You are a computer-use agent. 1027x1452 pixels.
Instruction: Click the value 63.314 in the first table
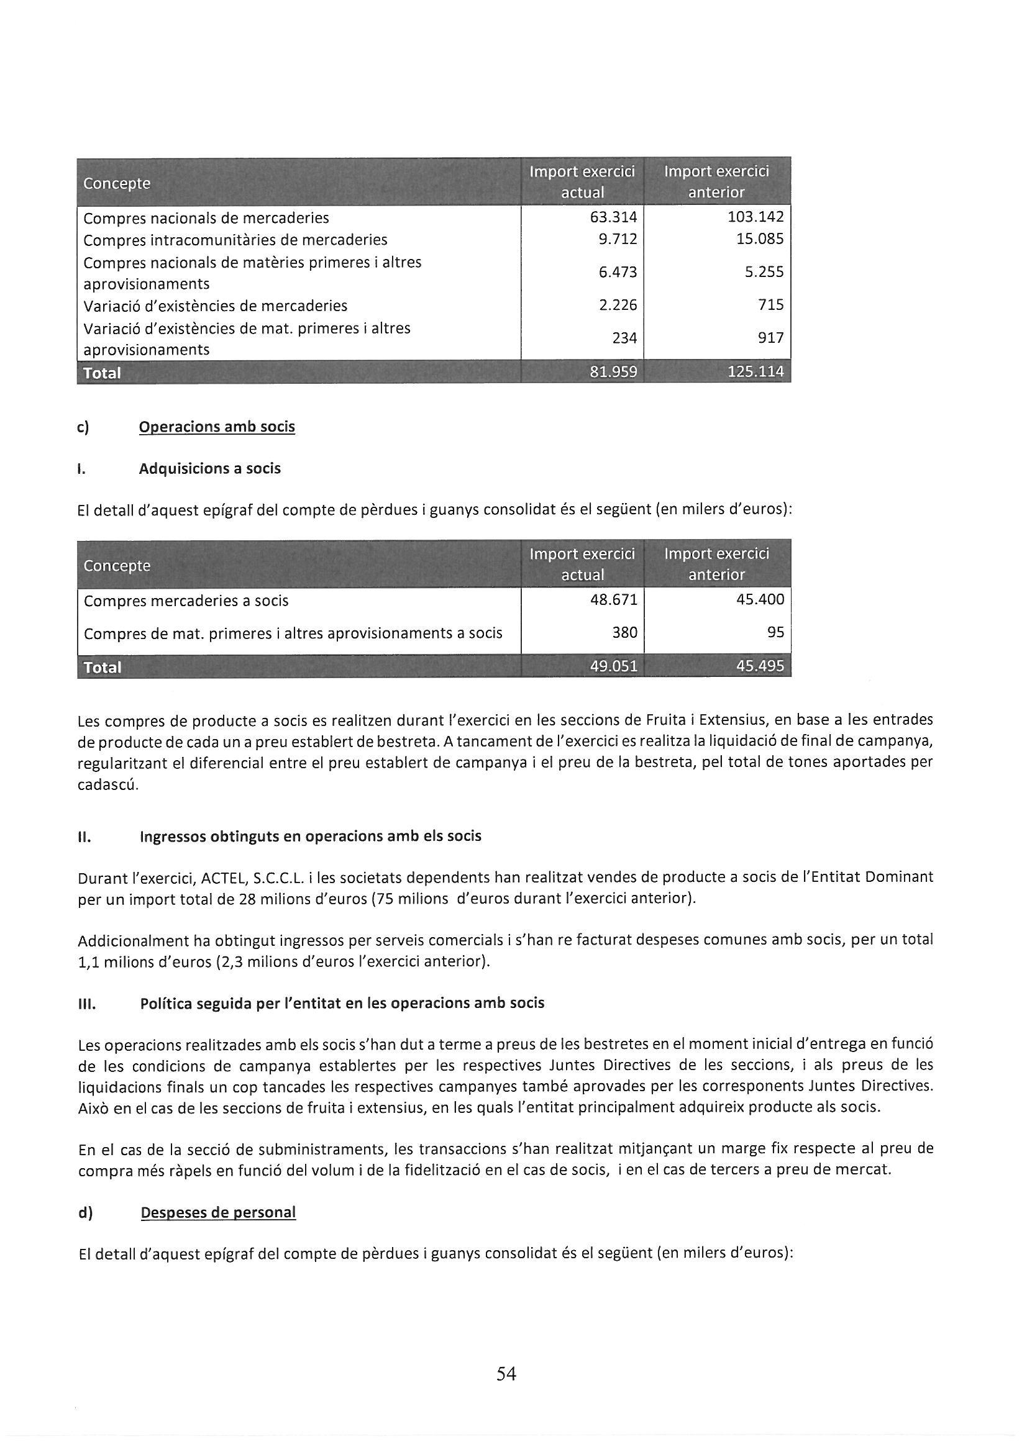point(613,217)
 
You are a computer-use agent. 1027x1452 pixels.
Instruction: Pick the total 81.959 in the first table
point(613,372)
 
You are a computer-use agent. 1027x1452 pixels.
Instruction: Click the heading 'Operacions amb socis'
point(216,427)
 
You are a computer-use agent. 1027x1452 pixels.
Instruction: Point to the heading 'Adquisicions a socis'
point(209,469)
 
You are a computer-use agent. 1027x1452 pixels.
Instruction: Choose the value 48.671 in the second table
point(613,599)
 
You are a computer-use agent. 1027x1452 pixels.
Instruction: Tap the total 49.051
point(613,666)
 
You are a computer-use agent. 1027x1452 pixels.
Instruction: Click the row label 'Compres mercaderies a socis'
point(185,601)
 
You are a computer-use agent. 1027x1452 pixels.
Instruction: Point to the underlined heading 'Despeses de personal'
point(217,1212)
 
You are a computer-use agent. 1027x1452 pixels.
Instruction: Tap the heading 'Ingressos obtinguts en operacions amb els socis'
point(310,836)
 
